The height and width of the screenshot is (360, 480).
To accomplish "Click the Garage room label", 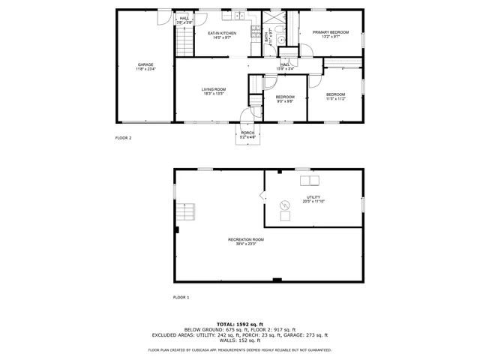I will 145,65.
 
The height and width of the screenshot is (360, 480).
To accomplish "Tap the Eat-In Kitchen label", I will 222,34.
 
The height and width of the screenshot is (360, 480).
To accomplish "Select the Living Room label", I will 213,89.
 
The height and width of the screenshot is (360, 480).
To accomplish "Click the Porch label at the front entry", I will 247,133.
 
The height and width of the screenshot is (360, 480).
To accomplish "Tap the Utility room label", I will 313,197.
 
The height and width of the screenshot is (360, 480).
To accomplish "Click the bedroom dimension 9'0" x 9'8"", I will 285,101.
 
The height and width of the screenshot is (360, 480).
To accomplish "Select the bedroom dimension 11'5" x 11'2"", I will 335,98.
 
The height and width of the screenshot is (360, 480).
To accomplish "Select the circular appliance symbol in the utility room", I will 285,204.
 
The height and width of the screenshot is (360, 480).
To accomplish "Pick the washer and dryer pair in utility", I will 308,180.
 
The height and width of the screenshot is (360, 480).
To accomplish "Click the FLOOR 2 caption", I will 123,139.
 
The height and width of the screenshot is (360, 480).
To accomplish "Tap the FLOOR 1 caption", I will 181,298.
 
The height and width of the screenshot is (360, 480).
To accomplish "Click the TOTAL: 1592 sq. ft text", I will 240,323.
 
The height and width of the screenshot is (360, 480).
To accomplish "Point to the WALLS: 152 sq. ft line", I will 240,340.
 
